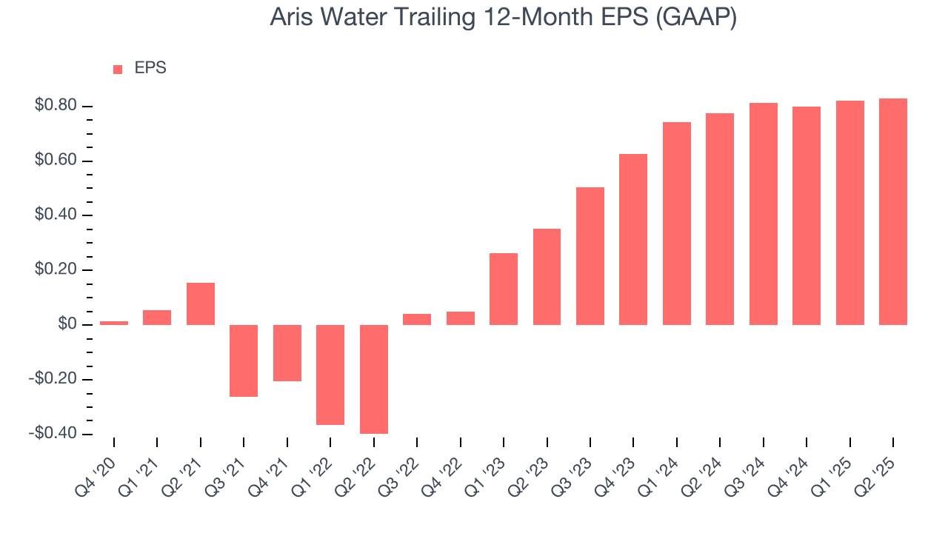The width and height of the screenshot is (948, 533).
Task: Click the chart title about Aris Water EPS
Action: pos(503,18)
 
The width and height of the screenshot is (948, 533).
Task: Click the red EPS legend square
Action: pos(118,70)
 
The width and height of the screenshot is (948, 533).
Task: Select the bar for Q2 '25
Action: pos(893,212)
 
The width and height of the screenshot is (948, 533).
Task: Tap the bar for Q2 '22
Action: pos(373,379)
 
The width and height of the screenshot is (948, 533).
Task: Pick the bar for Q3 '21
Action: pos(244,361)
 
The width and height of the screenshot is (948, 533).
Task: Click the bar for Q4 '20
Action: pos(114,323)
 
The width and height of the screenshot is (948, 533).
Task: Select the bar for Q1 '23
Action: pos(504,289)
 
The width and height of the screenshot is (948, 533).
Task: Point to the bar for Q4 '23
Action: pos(633,239)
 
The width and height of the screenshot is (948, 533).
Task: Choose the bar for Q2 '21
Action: pos(201,304)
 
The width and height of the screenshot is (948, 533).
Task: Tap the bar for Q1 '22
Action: pos(330,375)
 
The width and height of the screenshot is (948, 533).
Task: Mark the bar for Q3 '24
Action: pos(764,214)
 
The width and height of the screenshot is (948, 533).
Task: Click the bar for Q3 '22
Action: pos(417,319)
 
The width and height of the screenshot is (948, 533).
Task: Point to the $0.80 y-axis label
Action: pos(56,106)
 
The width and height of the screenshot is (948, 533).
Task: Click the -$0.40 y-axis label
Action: pos(54,434)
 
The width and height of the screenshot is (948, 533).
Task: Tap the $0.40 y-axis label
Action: pos(56,215)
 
